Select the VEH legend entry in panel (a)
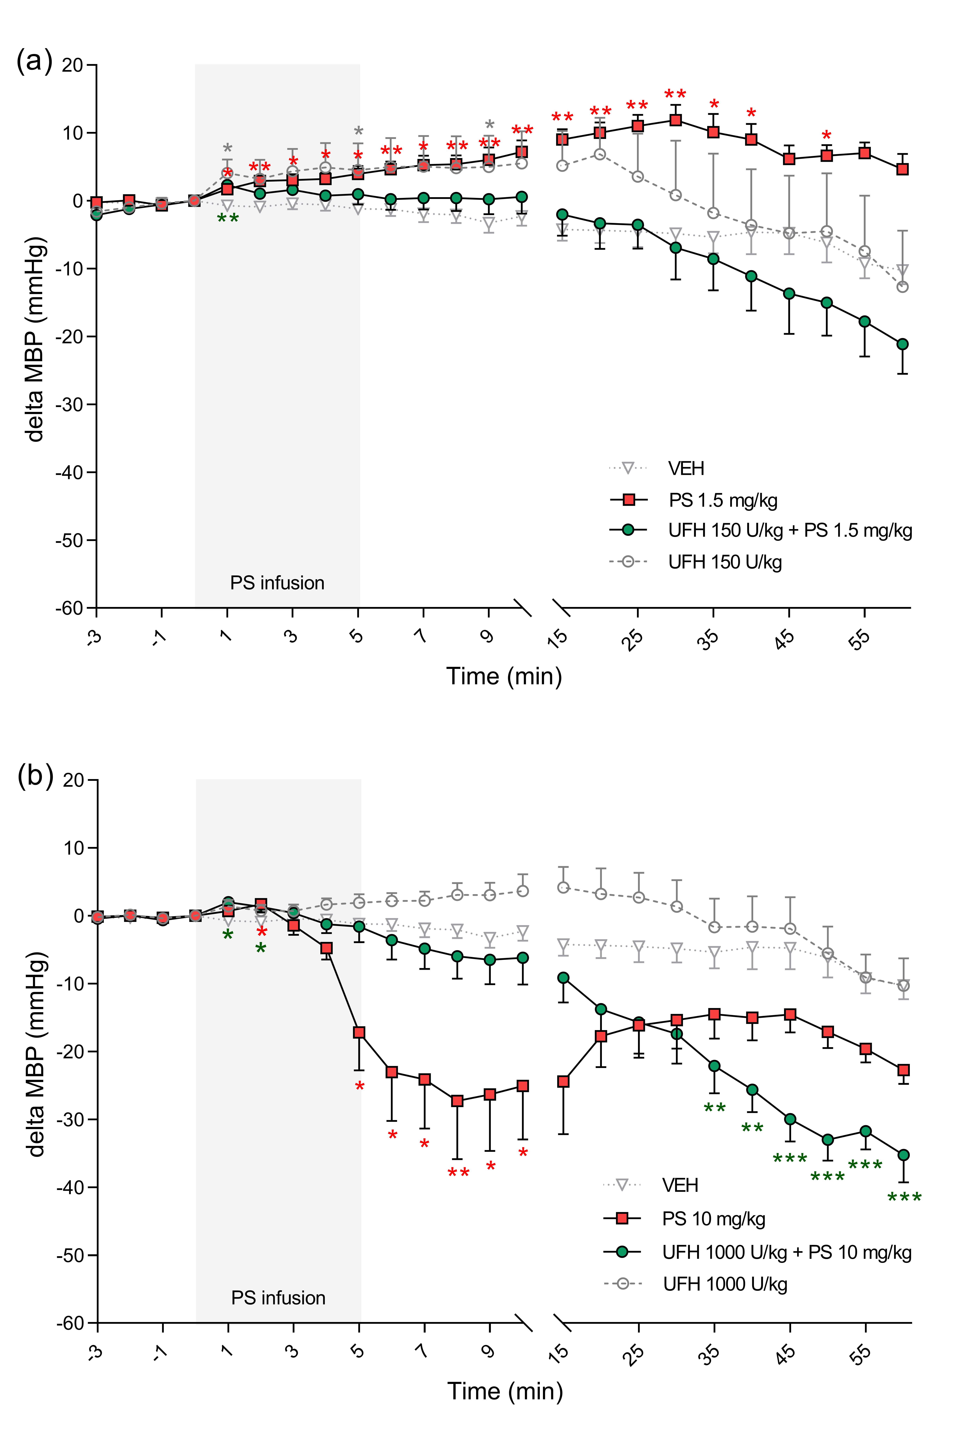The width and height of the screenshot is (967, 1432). coord(686,469)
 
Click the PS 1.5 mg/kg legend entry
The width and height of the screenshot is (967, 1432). coord(723,500)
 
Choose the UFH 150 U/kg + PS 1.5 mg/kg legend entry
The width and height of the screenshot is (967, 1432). coord(790,530)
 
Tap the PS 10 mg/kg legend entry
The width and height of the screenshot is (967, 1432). coord(713,1219)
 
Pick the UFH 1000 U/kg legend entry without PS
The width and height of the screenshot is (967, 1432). coord(724,1284)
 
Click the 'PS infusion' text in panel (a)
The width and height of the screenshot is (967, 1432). coord(277,583)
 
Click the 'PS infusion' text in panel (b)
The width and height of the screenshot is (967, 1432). coord(278,1298)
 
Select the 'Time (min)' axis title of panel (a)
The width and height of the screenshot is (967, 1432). coord(504,677)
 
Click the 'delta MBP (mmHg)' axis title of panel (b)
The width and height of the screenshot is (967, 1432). coord(36,1054)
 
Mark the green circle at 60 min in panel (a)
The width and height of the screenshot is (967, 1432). coord(902,344)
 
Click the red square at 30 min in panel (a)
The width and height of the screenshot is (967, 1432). coord(676,120)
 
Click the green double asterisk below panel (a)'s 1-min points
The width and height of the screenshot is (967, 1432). coord(228,219)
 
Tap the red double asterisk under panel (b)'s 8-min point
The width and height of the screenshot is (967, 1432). coord(458,1173)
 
